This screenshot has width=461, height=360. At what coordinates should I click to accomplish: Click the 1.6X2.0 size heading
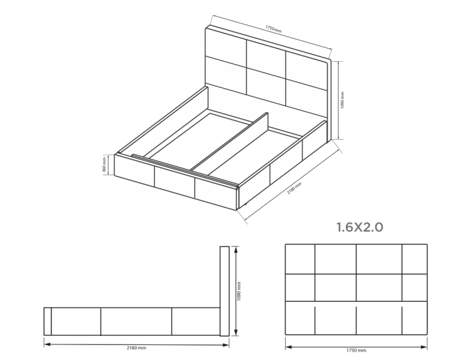360,227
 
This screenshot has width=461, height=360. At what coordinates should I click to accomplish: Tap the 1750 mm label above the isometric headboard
274,29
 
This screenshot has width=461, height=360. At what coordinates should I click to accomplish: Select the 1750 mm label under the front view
356,350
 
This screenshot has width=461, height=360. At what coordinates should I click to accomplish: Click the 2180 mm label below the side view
136,347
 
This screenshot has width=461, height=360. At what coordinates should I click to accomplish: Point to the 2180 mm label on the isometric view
294,188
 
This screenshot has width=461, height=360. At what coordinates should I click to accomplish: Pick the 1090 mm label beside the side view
239,291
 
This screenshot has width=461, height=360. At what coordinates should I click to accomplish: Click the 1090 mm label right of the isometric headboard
342,100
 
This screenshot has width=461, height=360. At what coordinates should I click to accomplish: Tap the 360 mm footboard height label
104,165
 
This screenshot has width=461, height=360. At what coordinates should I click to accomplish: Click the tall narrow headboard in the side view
224,291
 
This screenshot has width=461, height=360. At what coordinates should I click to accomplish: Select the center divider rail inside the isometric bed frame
229,142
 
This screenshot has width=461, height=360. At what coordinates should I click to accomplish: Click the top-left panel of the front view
300,259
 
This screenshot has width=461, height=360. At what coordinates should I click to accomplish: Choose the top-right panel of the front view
415,259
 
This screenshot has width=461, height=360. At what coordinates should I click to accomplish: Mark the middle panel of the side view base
136,322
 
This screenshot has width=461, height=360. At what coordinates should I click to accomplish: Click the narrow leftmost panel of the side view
47,322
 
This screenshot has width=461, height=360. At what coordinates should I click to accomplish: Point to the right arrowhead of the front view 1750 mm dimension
424,347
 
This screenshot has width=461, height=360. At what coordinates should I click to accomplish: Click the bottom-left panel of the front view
300,318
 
